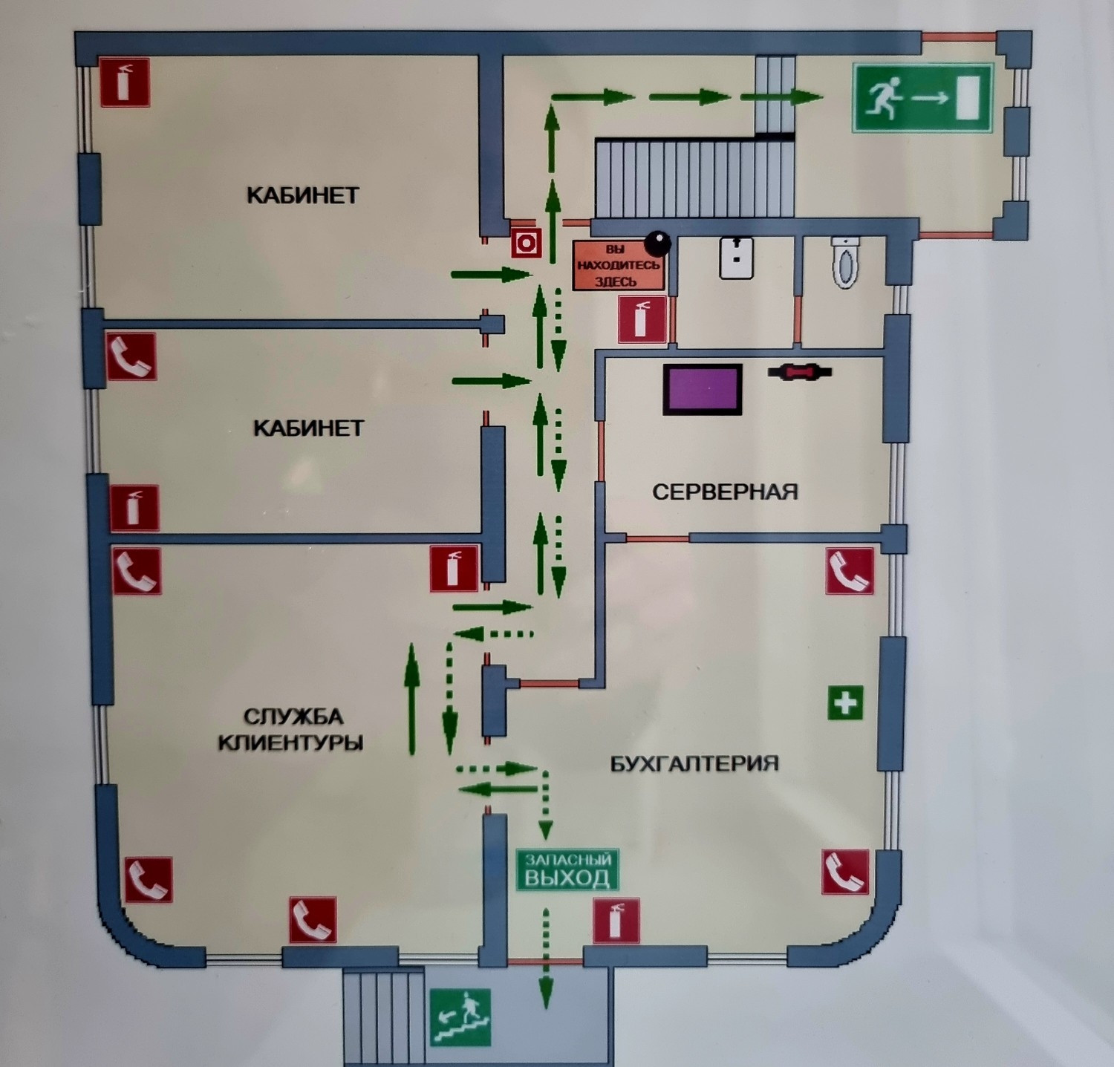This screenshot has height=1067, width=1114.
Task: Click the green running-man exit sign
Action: [922, 98]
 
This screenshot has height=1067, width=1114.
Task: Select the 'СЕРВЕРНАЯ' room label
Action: [725, 492]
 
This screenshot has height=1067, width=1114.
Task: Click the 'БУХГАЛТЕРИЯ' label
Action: [694, 763]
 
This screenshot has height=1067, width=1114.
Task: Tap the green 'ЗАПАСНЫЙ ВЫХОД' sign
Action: [567, 869]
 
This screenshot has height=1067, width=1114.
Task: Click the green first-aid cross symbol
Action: [845, 702]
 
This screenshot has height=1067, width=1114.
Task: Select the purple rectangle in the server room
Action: [703, 389]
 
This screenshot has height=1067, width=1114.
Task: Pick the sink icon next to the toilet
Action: [736, 258]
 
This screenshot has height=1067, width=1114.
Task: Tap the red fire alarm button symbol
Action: [527, 242]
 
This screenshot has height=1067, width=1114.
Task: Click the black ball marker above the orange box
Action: [657, 242]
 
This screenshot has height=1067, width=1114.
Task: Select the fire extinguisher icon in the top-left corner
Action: [126, 82]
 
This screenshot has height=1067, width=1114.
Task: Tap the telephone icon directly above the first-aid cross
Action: [850, 571]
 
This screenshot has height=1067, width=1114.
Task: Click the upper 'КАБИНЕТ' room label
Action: [302, 195]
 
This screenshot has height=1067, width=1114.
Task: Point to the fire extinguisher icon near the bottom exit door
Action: [616, 921]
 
